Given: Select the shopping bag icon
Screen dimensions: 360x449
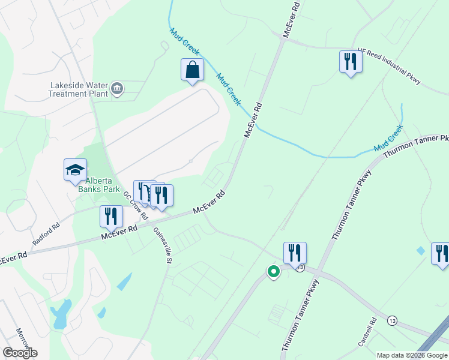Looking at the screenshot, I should pos(192,70).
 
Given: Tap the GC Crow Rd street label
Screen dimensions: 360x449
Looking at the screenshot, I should pos(136,206).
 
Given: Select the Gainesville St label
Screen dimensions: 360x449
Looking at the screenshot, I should pos(163,245).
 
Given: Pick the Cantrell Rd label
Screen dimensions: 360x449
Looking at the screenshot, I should pos(367,332).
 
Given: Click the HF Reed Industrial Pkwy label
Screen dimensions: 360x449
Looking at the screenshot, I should pos(390,66).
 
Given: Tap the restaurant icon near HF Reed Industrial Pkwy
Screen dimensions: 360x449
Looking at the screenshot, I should pos(351,62).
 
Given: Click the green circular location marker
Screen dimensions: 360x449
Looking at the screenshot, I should pos(273,272).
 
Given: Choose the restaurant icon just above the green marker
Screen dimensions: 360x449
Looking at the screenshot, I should pos(295,253).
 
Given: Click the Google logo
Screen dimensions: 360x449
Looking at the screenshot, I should pos(20,353).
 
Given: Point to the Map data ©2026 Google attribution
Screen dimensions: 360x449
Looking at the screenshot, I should pos(412,355).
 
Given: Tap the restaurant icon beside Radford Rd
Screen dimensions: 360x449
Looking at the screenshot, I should pos(111,217).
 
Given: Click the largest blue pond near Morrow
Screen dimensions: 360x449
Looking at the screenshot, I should pos(61,314).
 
